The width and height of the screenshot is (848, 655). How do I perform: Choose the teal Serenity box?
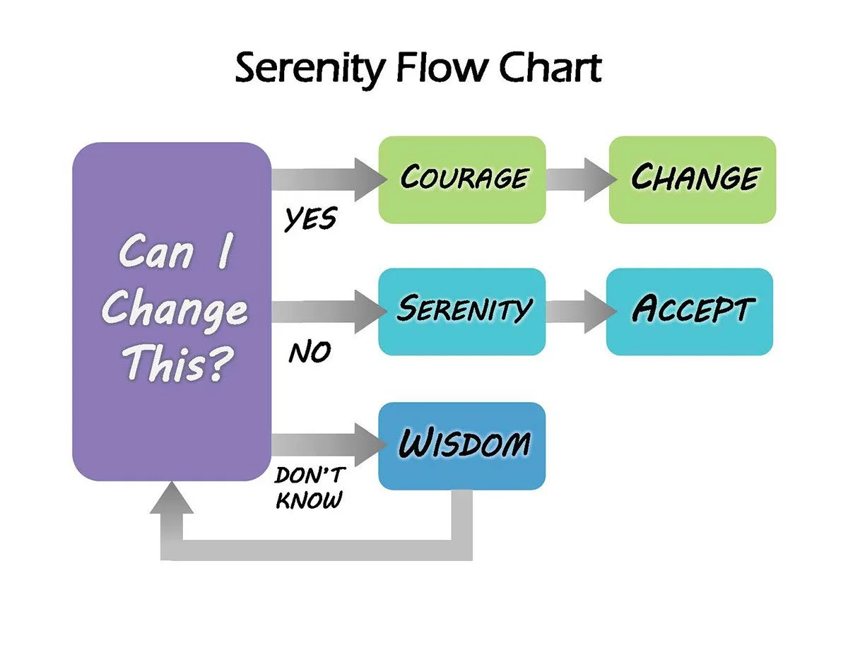pyautogui.click(x=462, y=311)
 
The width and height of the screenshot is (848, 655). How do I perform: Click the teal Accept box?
pyautogui.click(x=689, y=311)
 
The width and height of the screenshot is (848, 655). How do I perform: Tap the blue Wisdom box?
pyautogui.click(x=462, y=445)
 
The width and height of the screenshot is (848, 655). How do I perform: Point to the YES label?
pyautogui.click(x=310, y=220)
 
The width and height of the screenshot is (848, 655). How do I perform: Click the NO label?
pyautogui.click(x=309, y=351)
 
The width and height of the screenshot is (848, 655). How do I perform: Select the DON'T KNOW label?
pyautogui.click(x=308, y=487)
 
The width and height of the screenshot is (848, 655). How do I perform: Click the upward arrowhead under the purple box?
pyautogui.click(x=172, y=498)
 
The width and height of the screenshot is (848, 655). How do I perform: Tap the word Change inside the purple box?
pyautogui.click(x=175, y=309)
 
